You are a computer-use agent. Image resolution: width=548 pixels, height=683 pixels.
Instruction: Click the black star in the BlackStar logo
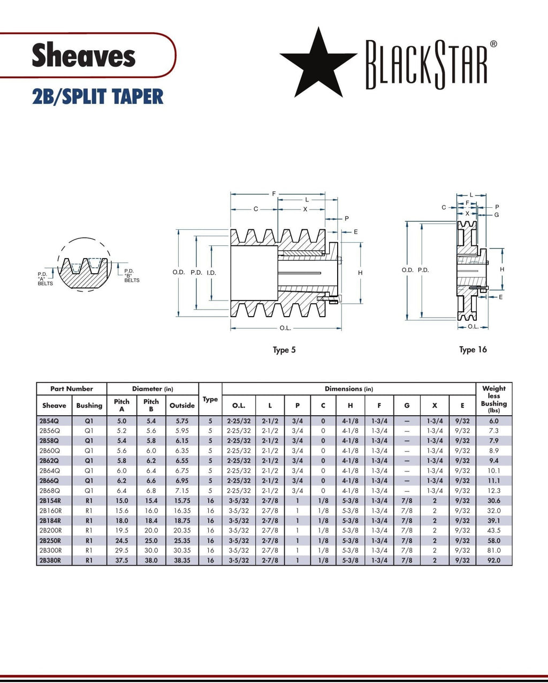point(318,63)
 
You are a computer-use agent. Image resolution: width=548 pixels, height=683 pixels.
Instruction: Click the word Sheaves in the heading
point(83,56)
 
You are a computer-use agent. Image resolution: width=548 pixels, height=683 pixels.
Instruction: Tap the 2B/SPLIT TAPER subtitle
point(98,97)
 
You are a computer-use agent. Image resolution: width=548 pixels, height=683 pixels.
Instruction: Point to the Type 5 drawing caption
point(284,350)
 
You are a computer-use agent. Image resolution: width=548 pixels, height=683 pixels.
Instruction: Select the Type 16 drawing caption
point(473,349)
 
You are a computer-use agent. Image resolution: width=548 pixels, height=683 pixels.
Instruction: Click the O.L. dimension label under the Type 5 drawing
point(285,328)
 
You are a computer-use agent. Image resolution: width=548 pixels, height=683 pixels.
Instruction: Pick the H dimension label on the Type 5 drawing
point(360,273)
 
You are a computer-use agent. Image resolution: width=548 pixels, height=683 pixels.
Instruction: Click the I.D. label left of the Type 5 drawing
point(211,273)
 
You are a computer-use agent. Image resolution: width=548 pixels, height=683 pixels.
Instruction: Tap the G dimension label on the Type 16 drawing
point(497,215)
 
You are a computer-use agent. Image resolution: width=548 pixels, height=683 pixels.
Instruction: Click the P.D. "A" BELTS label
point(45,279)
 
